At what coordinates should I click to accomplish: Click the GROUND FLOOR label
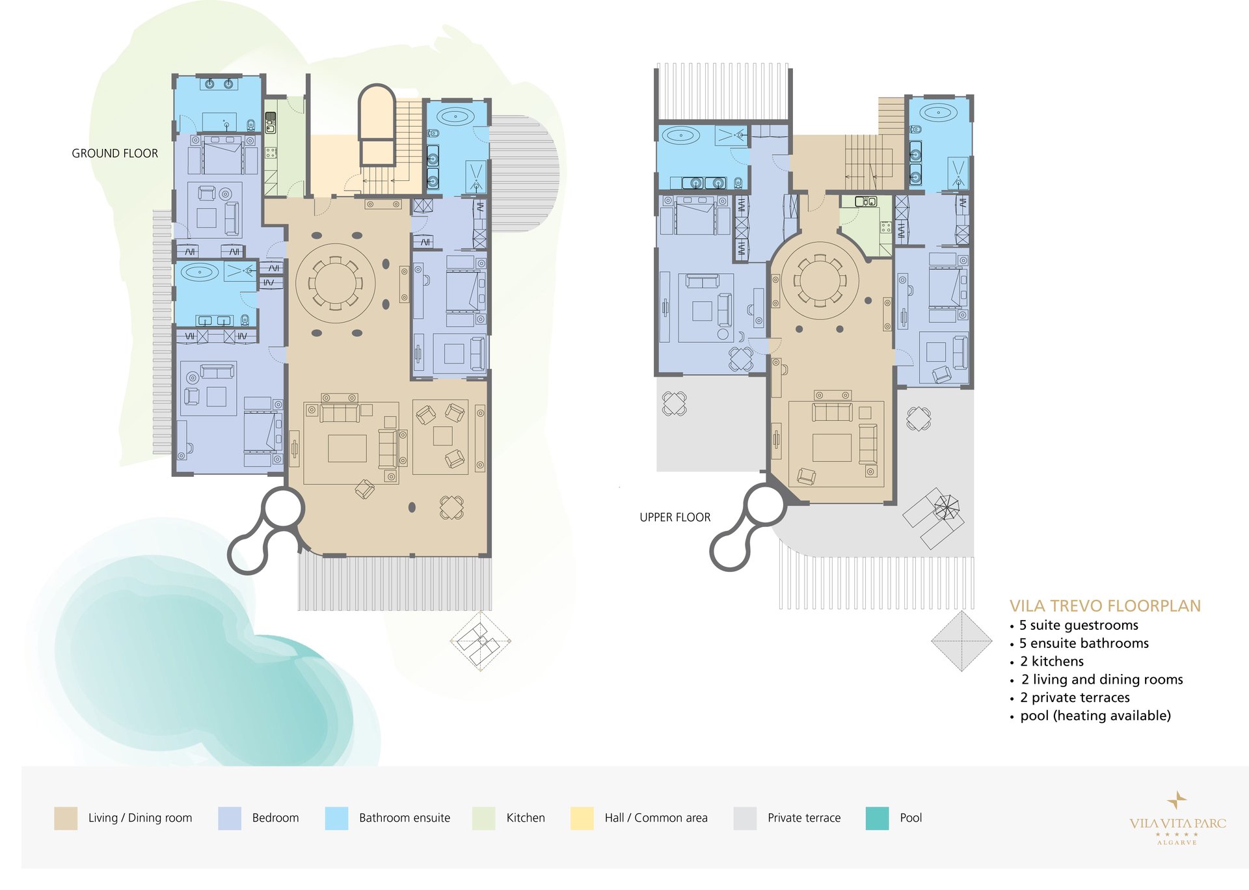(x=114, y=154)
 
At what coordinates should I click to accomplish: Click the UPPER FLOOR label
(x=675, y=517)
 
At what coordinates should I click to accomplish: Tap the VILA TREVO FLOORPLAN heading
(x=1105, y=606)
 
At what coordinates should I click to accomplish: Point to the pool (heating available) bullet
(x=1095, y=716)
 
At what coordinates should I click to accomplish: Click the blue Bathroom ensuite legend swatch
(x=336, y=818)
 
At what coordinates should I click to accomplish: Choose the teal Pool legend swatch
(x=877, y=818)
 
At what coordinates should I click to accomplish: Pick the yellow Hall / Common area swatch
(x=582, y=818)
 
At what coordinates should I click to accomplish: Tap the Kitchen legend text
(x=526, y=818)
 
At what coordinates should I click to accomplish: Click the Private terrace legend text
(x=804, y=818)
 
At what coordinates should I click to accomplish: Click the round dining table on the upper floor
(x=820, y=280)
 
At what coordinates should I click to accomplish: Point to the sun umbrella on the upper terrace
(x=947, y=506)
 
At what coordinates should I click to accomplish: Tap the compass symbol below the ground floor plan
(x=481, y=641)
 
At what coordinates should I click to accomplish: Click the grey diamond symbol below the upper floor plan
(x=961, y=641)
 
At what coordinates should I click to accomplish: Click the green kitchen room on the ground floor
(x=284, y=147)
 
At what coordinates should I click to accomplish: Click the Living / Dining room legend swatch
(x=66, y=818)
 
